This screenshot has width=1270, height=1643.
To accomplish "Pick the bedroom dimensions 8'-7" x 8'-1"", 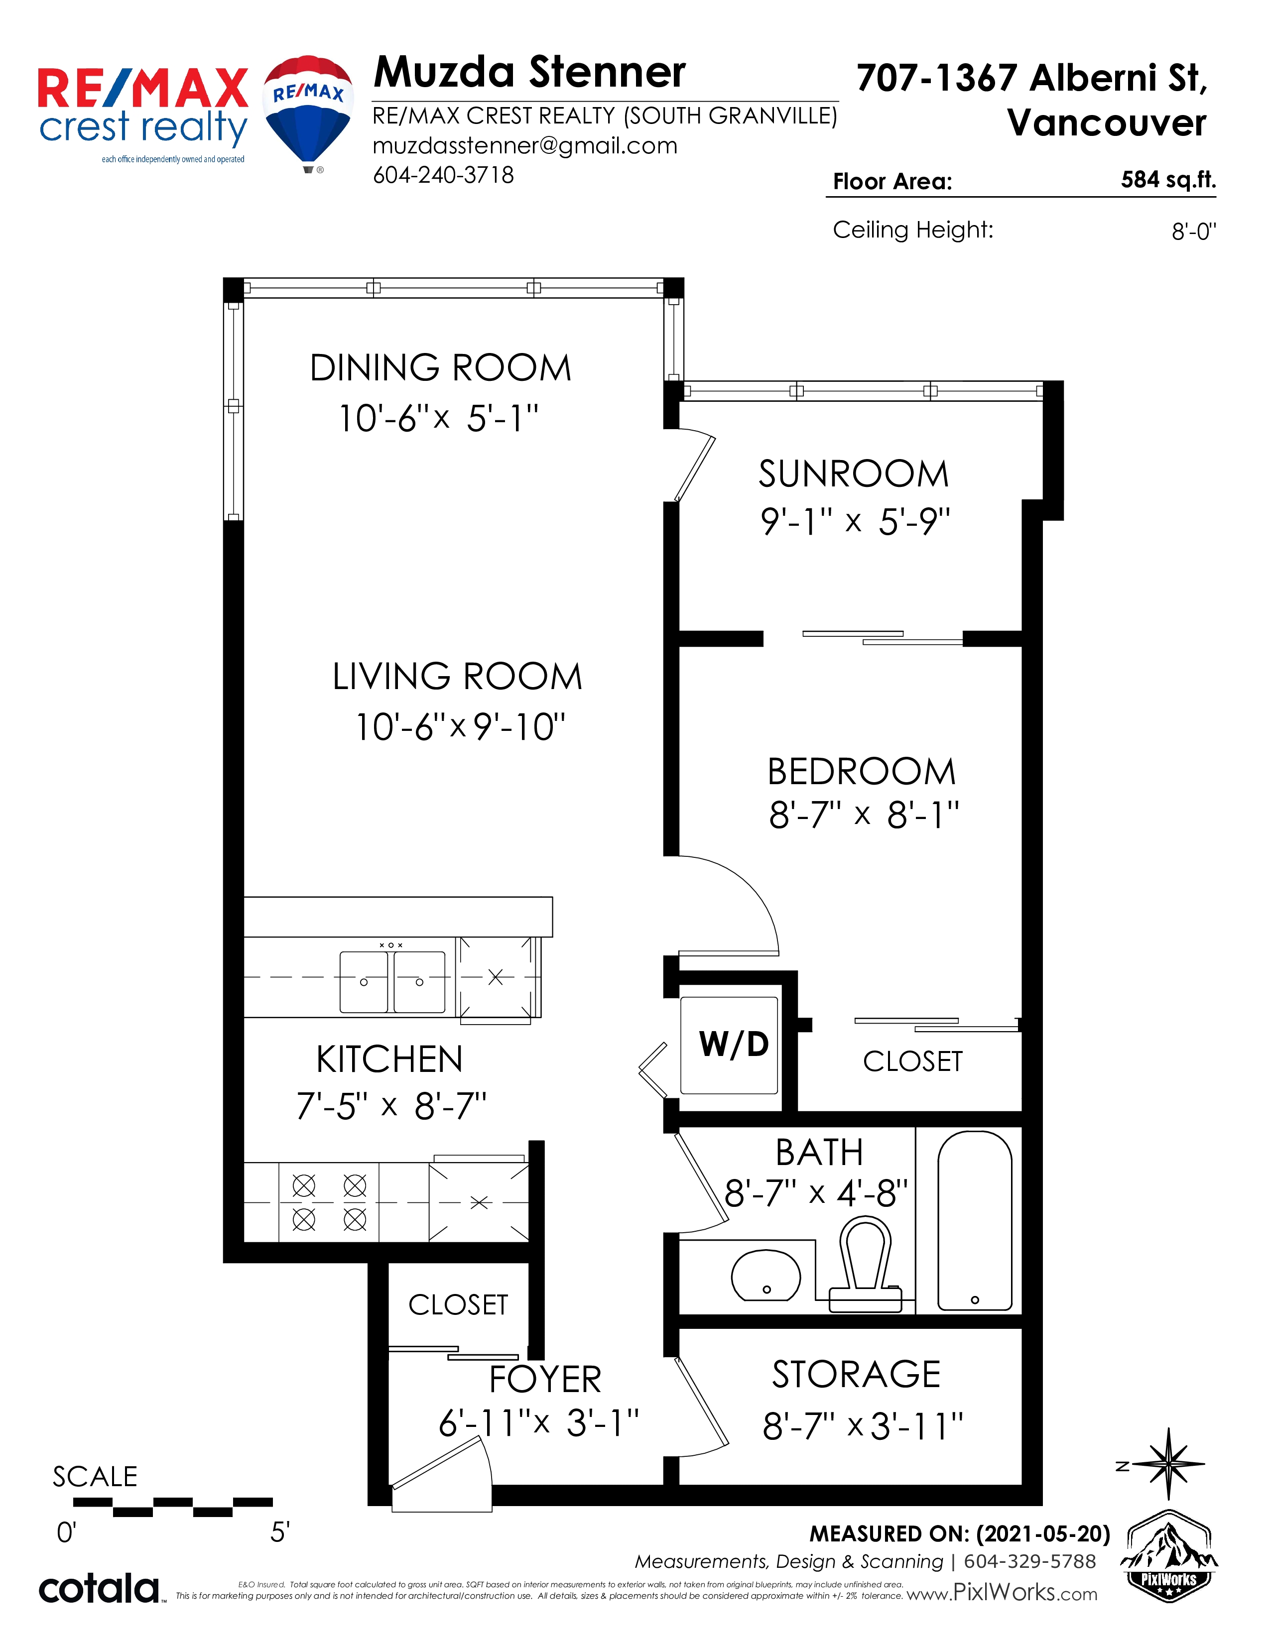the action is (864, 815).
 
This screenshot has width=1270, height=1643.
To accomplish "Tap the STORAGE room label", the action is (856, 1375).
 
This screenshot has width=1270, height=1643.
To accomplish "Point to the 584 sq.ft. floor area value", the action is (1168, 180).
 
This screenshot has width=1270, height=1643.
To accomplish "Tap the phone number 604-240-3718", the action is (444, 175).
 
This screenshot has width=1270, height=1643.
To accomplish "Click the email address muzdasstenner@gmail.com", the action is (525, 145).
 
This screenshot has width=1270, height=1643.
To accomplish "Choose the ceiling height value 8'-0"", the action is (1194, 231).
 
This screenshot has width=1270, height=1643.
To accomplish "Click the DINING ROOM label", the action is (441, 368).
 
